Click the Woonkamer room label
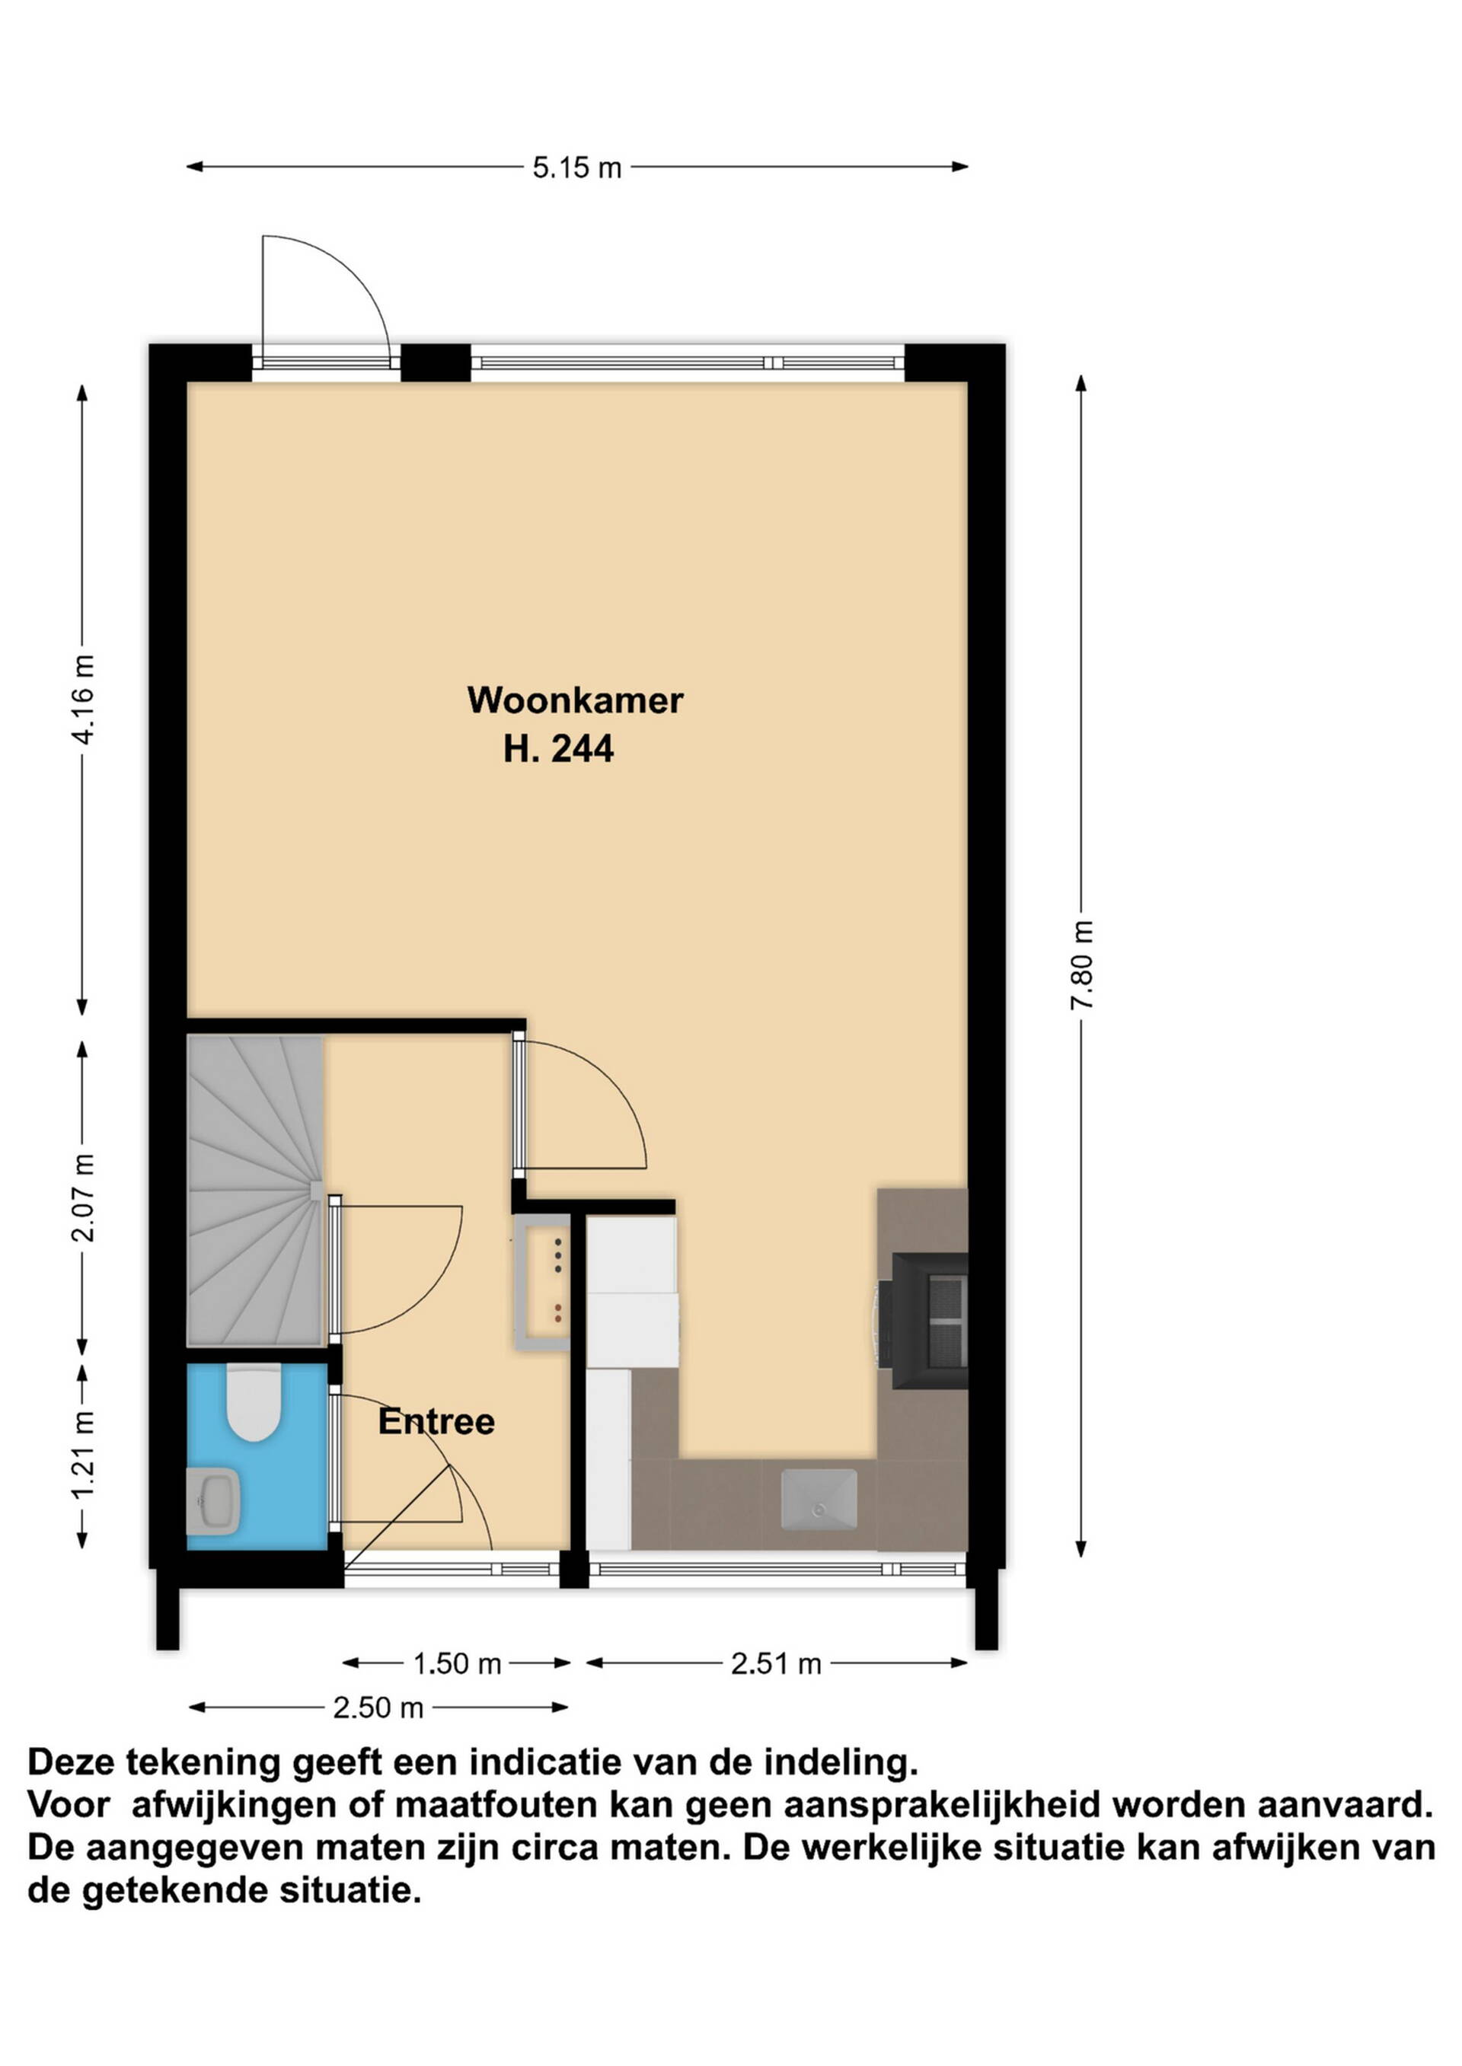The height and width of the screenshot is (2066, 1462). coord(574,700)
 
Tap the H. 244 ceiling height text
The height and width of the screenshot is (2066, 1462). coord(558,748)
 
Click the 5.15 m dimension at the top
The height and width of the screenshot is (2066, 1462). coord(577,167)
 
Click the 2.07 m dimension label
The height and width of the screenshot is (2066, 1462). coord(82,1197)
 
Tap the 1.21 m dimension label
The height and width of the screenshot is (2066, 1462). coord(82,1456)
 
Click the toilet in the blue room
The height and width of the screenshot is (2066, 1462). coord(254,1403)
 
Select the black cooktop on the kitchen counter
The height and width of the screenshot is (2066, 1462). coord(928,1321)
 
